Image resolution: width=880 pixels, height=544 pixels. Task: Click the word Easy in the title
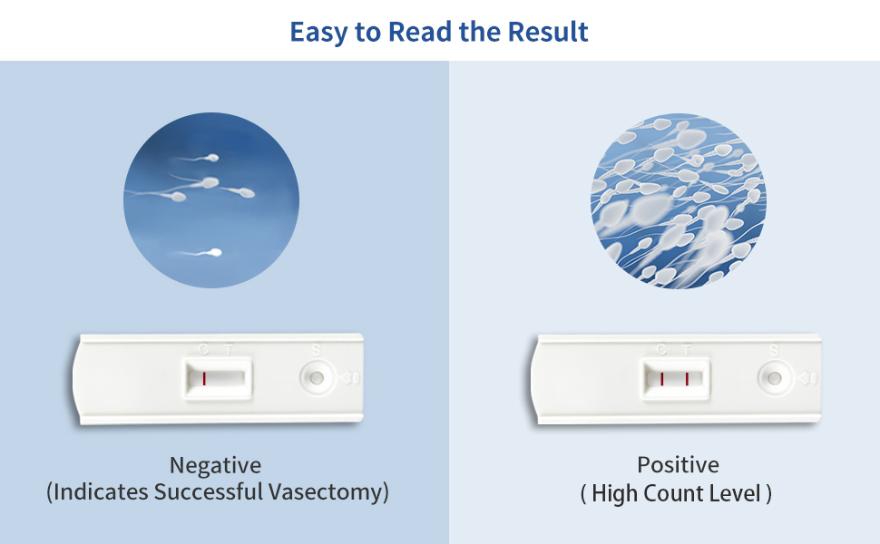tap(319, 33)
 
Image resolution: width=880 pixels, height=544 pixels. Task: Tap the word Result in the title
tap(548, 32)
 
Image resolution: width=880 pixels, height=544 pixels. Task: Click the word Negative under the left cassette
tap(216, 466)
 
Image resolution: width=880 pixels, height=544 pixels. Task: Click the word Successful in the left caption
tap(209, 492)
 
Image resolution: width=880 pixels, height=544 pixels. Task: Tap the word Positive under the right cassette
tap(678, 466)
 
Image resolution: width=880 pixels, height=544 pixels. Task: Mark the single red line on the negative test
tap(204, 378)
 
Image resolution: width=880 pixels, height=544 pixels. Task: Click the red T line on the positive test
tap(687, 378)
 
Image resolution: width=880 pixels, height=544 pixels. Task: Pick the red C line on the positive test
tap(662, 378)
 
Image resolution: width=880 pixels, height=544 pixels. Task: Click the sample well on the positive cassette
tap(775, 376)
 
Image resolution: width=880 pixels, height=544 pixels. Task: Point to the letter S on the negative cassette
tap(316, 349)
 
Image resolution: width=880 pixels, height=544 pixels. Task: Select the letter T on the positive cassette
tap(687, 349)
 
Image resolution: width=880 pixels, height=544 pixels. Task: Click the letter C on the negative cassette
tap(203, 349)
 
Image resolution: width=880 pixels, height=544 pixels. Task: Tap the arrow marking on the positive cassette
tap(807, 377)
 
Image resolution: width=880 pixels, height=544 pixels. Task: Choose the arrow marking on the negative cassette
tap(349, 377)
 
